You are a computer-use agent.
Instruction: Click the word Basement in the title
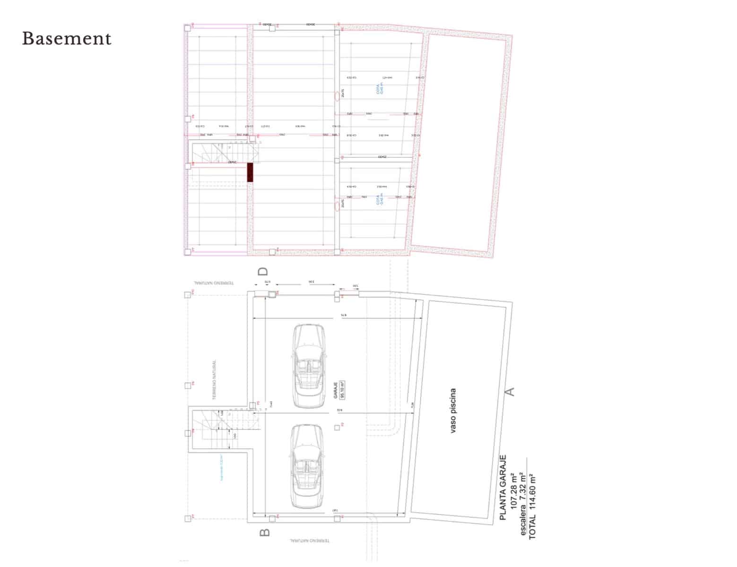67,39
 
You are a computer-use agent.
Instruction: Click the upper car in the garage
308,365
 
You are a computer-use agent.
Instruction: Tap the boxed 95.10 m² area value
343,390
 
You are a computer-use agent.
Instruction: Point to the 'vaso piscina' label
453,411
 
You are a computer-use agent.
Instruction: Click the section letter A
510,391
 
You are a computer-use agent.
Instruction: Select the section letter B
265,532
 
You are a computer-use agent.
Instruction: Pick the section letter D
263,271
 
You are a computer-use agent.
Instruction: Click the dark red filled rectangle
250,172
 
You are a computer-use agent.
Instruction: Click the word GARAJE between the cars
335,390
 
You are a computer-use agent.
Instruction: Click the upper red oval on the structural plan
337,95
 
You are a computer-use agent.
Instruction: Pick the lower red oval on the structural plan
337,206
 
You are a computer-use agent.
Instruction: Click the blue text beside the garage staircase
221,467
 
